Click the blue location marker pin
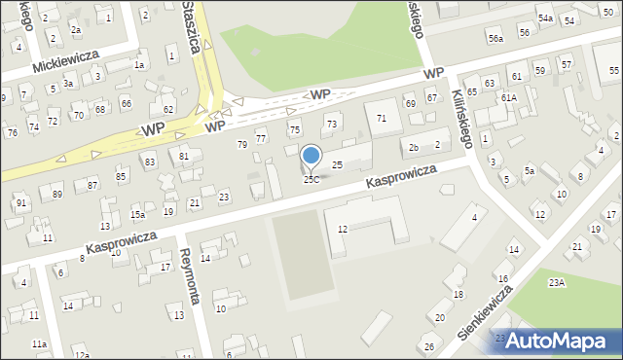[x=311, y=157]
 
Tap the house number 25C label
[x=311, y=180]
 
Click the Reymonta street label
[x=191, y=276]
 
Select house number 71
[x=382, y=118]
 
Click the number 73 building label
[x=331, y=124]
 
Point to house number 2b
[x=414, y=148]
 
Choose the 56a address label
[x=496, y=38]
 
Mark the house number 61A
[x=509, y=98]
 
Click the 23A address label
[x=556, y=282]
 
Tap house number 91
[x=20, y=202]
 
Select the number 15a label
[x=138, y=214]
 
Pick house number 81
[x=184, y=156]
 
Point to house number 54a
[x=546, y=18]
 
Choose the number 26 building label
[x=428, y=346]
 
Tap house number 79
[x=242, y=144]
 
